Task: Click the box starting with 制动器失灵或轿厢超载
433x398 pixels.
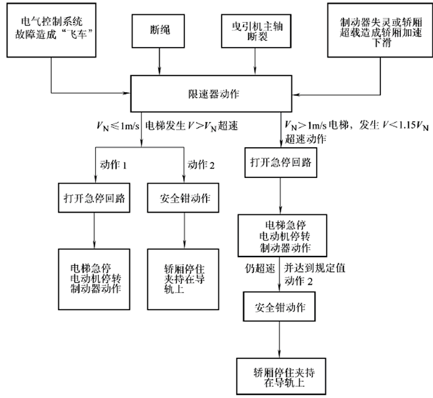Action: tap(377, 30)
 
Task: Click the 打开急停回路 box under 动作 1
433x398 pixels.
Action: tap(94, 198)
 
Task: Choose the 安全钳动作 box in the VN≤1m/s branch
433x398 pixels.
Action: tap(186, 198)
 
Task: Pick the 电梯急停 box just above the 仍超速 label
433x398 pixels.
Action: tap(281, 235)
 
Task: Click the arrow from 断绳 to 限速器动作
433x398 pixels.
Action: tap(160, 62)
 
